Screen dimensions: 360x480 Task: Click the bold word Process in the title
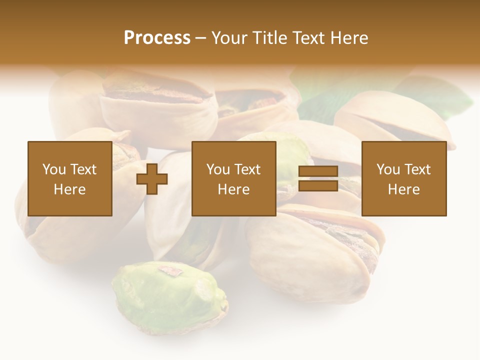click(x=157, y=37)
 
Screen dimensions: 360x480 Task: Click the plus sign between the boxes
click(x=152, y=179)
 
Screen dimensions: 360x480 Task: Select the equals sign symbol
click(x=318, y=179)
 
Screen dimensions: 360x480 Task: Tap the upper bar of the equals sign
click(x=318, y=171)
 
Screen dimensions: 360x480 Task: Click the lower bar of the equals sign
click(x=318, y=186)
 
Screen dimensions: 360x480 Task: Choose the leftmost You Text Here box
click(x=69, y=178)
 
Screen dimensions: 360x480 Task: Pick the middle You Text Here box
click(x=233, y=178)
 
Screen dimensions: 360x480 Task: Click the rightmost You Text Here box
click(x=403, y=178)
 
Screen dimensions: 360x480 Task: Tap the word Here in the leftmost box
click(x=69, y=189)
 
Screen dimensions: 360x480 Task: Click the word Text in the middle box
click(x=247, y=169)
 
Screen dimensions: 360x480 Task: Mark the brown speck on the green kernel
click(x=170, y=271)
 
